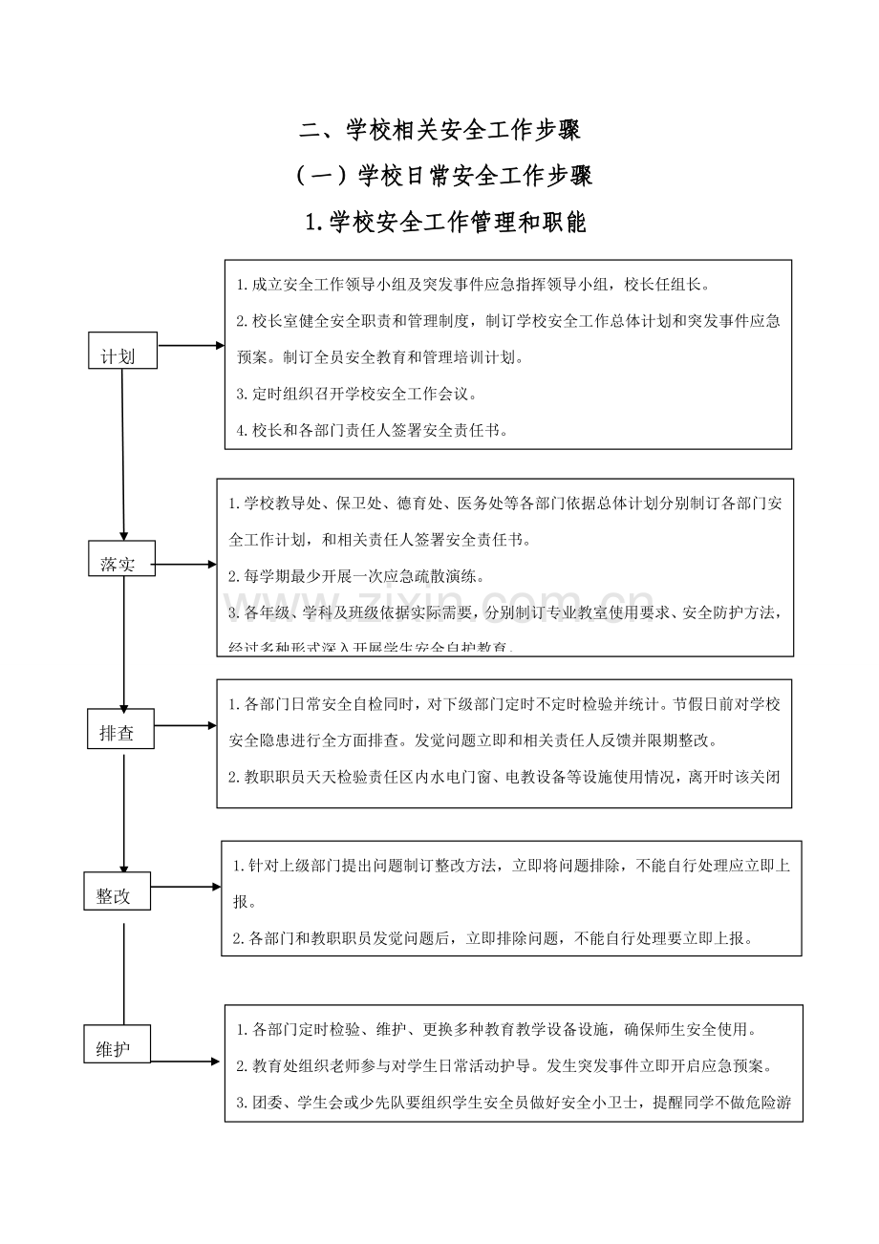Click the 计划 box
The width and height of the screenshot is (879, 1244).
[122, 351]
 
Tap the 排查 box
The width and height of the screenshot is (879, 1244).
[120, 729]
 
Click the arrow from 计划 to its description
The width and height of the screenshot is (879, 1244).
[190, 346]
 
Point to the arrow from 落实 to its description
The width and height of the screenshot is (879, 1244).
[185, 565]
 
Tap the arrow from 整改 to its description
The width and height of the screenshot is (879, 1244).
[185, 887]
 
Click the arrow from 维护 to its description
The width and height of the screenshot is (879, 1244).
[187, 1061]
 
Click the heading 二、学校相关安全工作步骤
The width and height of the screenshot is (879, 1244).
[440, 129]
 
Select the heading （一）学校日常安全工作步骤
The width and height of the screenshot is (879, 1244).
[440, 176]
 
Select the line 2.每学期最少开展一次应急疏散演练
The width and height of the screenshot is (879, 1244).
[356, 576]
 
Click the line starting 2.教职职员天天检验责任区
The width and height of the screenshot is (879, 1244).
[504, 776]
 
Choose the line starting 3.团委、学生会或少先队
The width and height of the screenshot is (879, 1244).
[512, 1102]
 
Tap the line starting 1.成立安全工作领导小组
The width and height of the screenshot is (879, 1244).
[473, 284]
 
